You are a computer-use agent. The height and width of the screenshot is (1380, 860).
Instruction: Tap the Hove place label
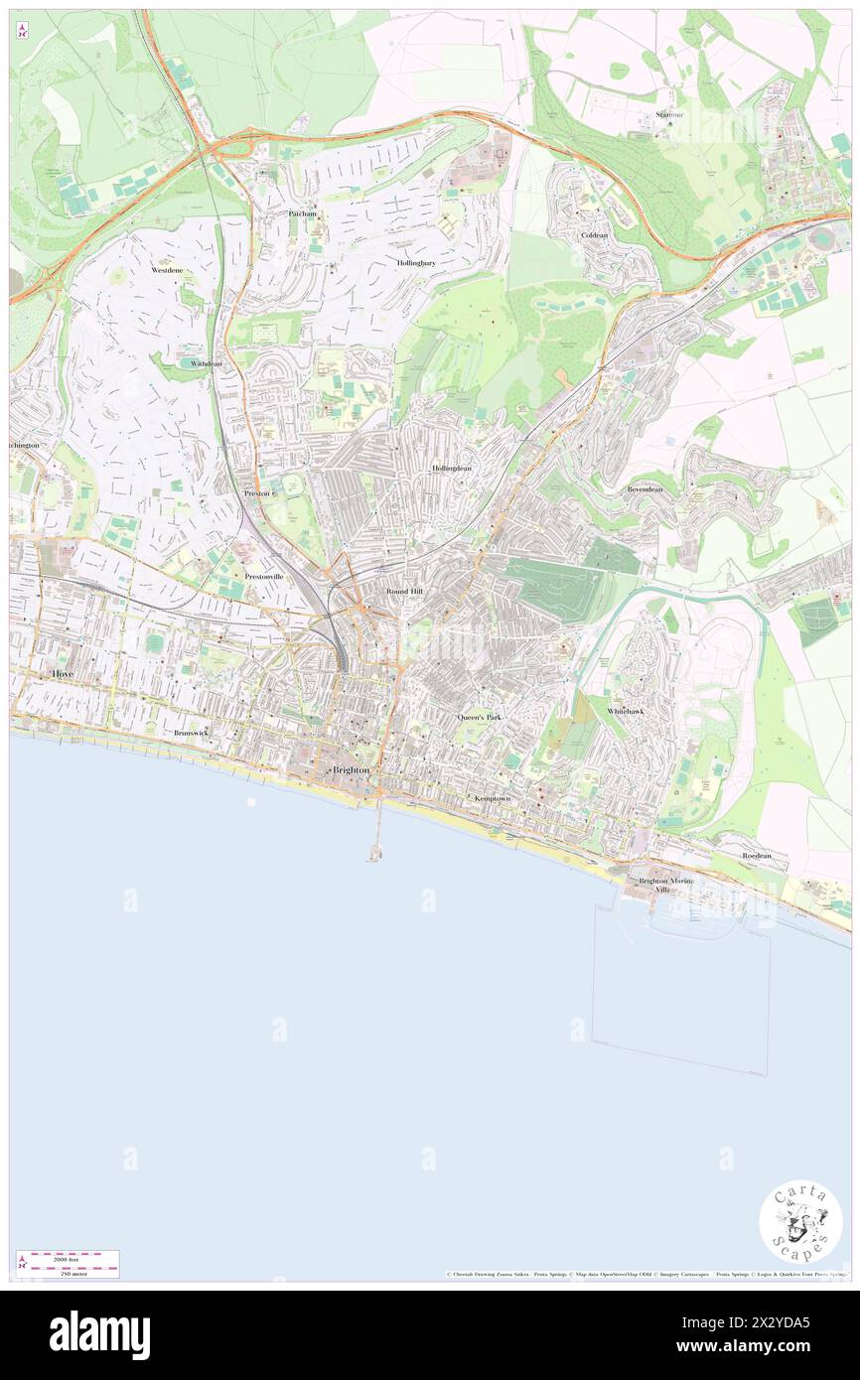tap(62, 673)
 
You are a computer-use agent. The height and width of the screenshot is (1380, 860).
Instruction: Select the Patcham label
tap(302, 213)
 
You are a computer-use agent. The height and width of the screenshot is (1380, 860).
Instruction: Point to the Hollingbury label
tap(416, 263)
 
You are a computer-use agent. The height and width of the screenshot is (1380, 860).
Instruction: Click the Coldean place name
tap(594, 235)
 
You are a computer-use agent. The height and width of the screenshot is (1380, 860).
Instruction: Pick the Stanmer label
tap(669, 115)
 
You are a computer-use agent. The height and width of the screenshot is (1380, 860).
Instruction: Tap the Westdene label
tap(167, 270)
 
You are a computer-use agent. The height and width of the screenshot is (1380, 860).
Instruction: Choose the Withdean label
tap(207, 364)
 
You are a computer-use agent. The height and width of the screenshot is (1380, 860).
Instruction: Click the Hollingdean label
tap(452, 468)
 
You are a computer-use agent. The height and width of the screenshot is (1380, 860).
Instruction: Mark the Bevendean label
tap(645, 489)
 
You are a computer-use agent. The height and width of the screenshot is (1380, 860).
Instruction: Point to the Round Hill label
tap(404, 591)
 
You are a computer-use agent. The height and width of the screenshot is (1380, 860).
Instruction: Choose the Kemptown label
tap(494, 798)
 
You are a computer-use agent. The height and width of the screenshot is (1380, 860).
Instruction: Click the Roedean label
tap(756, 855)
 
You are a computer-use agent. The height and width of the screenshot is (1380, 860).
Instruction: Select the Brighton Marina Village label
tap(663, 886)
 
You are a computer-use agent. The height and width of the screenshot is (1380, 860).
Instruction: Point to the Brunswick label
tap(191, 733)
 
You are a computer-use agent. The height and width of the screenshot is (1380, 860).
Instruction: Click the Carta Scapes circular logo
tap(800, 1221)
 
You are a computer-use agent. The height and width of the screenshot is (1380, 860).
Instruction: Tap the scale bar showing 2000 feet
tap(68, 1263)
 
